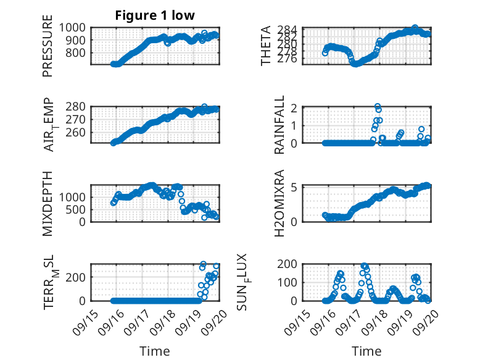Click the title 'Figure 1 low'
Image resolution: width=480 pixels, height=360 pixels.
coord(155,15)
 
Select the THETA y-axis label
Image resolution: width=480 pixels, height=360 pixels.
coord(266,46)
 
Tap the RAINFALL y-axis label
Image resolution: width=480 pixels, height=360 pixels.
coord(279,125)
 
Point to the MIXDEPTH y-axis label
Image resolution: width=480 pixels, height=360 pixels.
coord(48,203)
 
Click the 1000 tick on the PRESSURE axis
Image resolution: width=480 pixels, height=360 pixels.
coord(75,28)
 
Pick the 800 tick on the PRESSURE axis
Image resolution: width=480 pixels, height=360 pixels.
coord(78,52)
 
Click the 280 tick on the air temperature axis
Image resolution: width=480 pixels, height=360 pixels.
coord(78,106)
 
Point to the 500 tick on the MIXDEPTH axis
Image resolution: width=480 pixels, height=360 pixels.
coord(78,209)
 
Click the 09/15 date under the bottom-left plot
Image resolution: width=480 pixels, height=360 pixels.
coord(83,320)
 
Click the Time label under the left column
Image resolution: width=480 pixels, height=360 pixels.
coord(155,351)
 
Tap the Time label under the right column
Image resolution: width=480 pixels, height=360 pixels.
coord(367,351)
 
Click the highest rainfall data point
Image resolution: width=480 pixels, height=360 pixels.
coord(377,106)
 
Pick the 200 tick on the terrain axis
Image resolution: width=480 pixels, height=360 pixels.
coord(78,276)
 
